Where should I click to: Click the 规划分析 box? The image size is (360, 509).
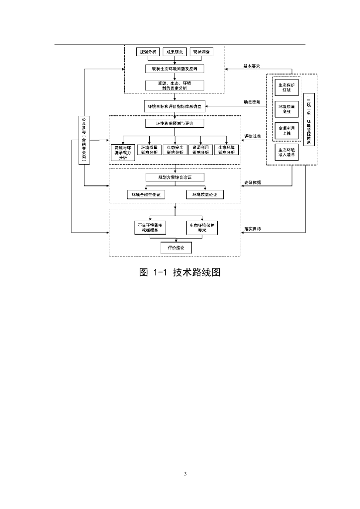pyautogui.click(x=148, y=52)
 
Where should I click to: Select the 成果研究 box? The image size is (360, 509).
pyautogui.click(x=175, y=52)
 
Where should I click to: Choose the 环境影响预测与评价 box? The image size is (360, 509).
pyautogui.click(x=175, y=123)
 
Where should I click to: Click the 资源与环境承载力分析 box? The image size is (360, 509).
pyautogui.click(x=123, y=152)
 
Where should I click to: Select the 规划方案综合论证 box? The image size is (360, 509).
pyautogui.click(x=175, y=177)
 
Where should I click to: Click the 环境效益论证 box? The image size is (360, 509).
pyautogui.click(x=205, y=194)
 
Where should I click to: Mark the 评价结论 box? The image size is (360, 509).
pyautogui.click(x=176, y=247)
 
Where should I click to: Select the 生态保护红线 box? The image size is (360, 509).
pyautogui.click(x=287, y=87)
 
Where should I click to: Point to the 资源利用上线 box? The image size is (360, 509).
pyautogui.click(x=287, y=131)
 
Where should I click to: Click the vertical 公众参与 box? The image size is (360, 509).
pyautogui.click(x=84, y=140)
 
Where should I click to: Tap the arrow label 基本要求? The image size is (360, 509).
pyautogui.click(x=252, y=66)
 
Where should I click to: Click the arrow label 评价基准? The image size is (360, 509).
pyautogui.click(x=252, y=136)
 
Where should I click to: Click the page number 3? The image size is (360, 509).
pyautogui.click(x=185, y=473)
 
